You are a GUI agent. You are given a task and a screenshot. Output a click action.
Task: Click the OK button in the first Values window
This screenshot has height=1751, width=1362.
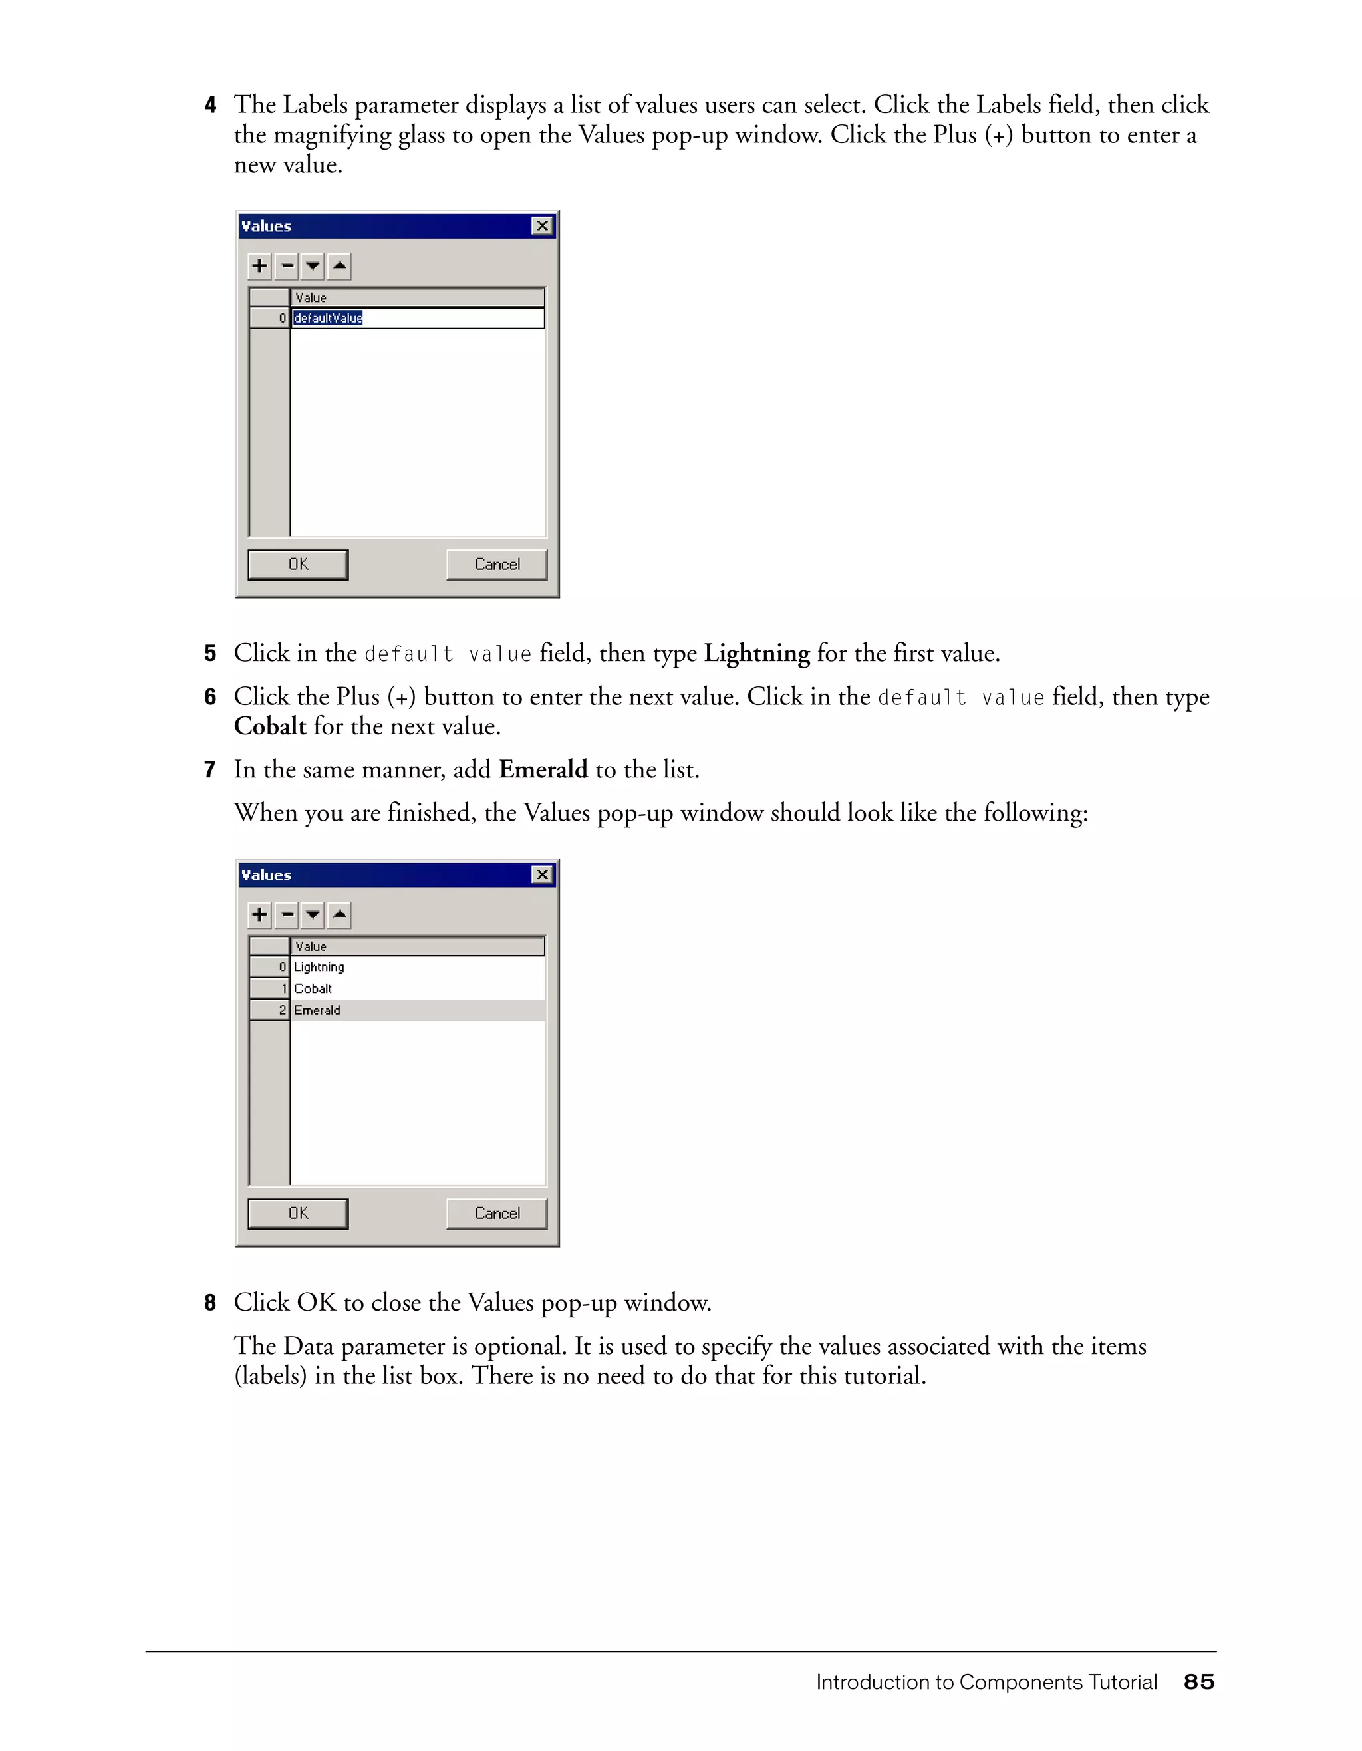point(297,565)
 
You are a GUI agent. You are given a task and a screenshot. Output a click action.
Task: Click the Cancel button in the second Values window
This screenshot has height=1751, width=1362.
point(496,1213)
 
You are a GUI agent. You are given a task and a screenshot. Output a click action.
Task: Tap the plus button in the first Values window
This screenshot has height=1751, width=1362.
point(259,265)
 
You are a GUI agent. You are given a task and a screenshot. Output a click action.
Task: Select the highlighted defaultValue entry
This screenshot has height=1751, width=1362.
point(328,319)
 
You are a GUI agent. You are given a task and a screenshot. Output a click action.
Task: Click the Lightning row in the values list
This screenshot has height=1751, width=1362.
point(319,967)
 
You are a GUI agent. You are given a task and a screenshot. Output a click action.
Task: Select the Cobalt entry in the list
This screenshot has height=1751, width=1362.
point(313,988)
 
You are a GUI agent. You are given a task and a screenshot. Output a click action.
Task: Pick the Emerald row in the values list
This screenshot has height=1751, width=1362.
point(317,1010)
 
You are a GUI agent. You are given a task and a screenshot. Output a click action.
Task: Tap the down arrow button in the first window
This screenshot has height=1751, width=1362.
point(313,265)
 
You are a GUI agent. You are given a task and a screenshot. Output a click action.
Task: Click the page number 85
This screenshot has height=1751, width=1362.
point(1198,1682)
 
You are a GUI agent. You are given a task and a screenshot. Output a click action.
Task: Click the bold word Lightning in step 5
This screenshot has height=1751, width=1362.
point(756,654)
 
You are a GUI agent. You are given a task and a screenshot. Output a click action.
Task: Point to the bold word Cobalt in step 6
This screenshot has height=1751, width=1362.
point(269,726)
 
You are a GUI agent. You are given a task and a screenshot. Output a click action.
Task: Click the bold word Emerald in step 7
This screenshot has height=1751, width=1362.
point(543,769)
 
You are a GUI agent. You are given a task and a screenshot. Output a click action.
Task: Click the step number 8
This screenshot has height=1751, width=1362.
point(210,1303)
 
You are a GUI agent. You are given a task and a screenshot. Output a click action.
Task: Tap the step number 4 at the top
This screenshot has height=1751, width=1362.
point(210,105)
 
